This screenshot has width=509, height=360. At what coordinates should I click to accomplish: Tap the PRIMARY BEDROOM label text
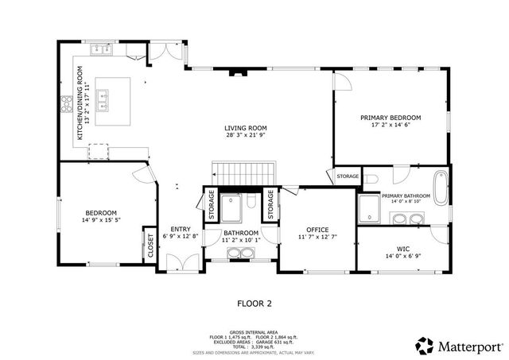pyautogui.click(x=390, y=117)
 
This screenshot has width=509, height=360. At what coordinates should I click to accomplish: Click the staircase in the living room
pyautogui.click(x=243, y=172)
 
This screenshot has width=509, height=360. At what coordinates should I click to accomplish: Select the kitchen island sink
pyautogui.click(x=103, y=99)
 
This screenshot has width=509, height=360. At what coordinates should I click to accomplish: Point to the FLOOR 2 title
pyautogui.click(x=254, y=303)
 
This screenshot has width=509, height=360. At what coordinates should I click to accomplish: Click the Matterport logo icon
pyautogui.click(x=425, y=346)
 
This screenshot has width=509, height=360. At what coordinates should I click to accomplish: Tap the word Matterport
pyautogui.click(x=472, y=346)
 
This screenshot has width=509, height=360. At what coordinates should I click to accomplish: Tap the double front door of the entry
pyautogui.click(x=185, y=263)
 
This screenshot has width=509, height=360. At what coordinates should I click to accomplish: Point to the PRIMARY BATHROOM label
pyautogui.click(x=406, y=195)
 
